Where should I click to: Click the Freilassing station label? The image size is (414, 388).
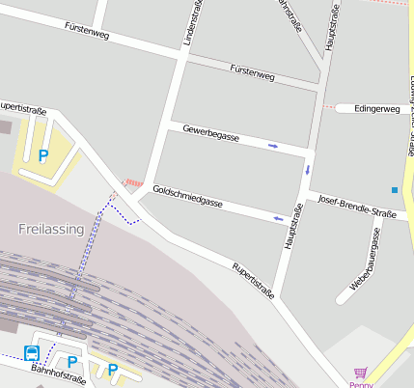click(x=50, y=229)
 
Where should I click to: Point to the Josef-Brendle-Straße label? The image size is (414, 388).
click(x=357, y=207)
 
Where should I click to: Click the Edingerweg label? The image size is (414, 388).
click(x=376, y=109)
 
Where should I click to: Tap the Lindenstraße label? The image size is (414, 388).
click(x=187, y=23)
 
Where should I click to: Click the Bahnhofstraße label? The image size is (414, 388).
click(x=57, y=374)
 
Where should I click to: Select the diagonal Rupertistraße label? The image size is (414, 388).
click(x=253, y=279)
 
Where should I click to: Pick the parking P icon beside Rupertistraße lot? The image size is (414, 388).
click(x=42, y=154)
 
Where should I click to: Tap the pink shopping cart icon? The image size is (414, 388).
click(x=361, y=373)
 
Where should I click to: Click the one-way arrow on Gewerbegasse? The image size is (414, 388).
click(x=273, y=146)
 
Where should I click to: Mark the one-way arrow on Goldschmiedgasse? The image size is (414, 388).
click(x=279, y=218)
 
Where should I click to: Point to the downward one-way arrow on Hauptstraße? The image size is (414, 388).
click(x=308, y=170)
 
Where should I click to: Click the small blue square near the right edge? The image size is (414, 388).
click(x=395, y=189)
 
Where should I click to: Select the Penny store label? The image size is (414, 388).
click(x=361, y=384)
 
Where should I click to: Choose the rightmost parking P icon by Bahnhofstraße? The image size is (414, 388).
click(x=113, y=369)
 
